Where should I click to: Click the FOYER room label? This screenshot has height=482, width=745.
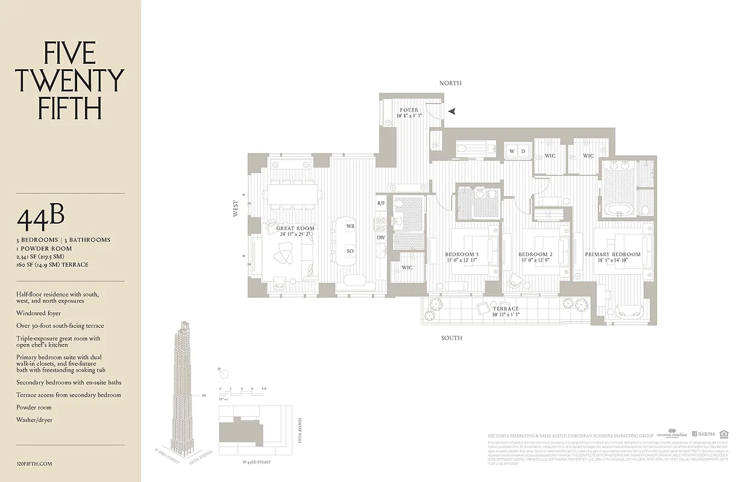point(409,110)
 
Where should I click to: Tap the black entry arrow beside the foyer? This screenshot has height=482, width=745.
point(451,111)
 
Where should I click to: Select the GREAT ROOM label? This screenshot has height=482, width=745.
point(295,229)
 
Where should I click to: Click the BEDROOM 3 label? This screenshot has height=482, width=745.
point(461,255)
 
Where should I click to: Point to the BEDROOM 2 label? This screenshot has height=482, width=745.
point(535,255)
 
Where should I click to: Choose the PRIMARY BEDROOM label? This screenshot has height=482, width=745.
point(612,255)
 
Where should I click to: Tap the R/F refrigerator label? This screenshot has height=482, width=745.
point(381,204)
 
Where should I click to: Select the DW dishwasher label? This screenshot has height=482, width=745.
point(381,237)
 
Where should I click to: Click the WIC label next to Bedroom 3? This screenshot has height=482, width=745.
point(407,268)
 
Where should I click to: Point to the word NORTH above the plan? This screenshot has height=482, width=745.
point(450,83)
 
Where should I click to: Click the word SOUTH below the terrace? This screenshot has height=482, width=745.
point(451,338)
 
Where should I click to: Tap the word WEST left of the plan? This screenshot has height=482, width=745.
point(236,209)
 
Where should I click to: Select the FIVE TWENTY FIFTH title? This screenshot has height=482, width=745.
point(69,81)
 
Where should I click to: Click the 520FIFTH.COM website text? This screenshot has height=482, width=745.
point(35,463)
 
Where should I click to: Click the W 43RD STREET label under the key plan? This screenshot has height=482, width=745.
point(251,462)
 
